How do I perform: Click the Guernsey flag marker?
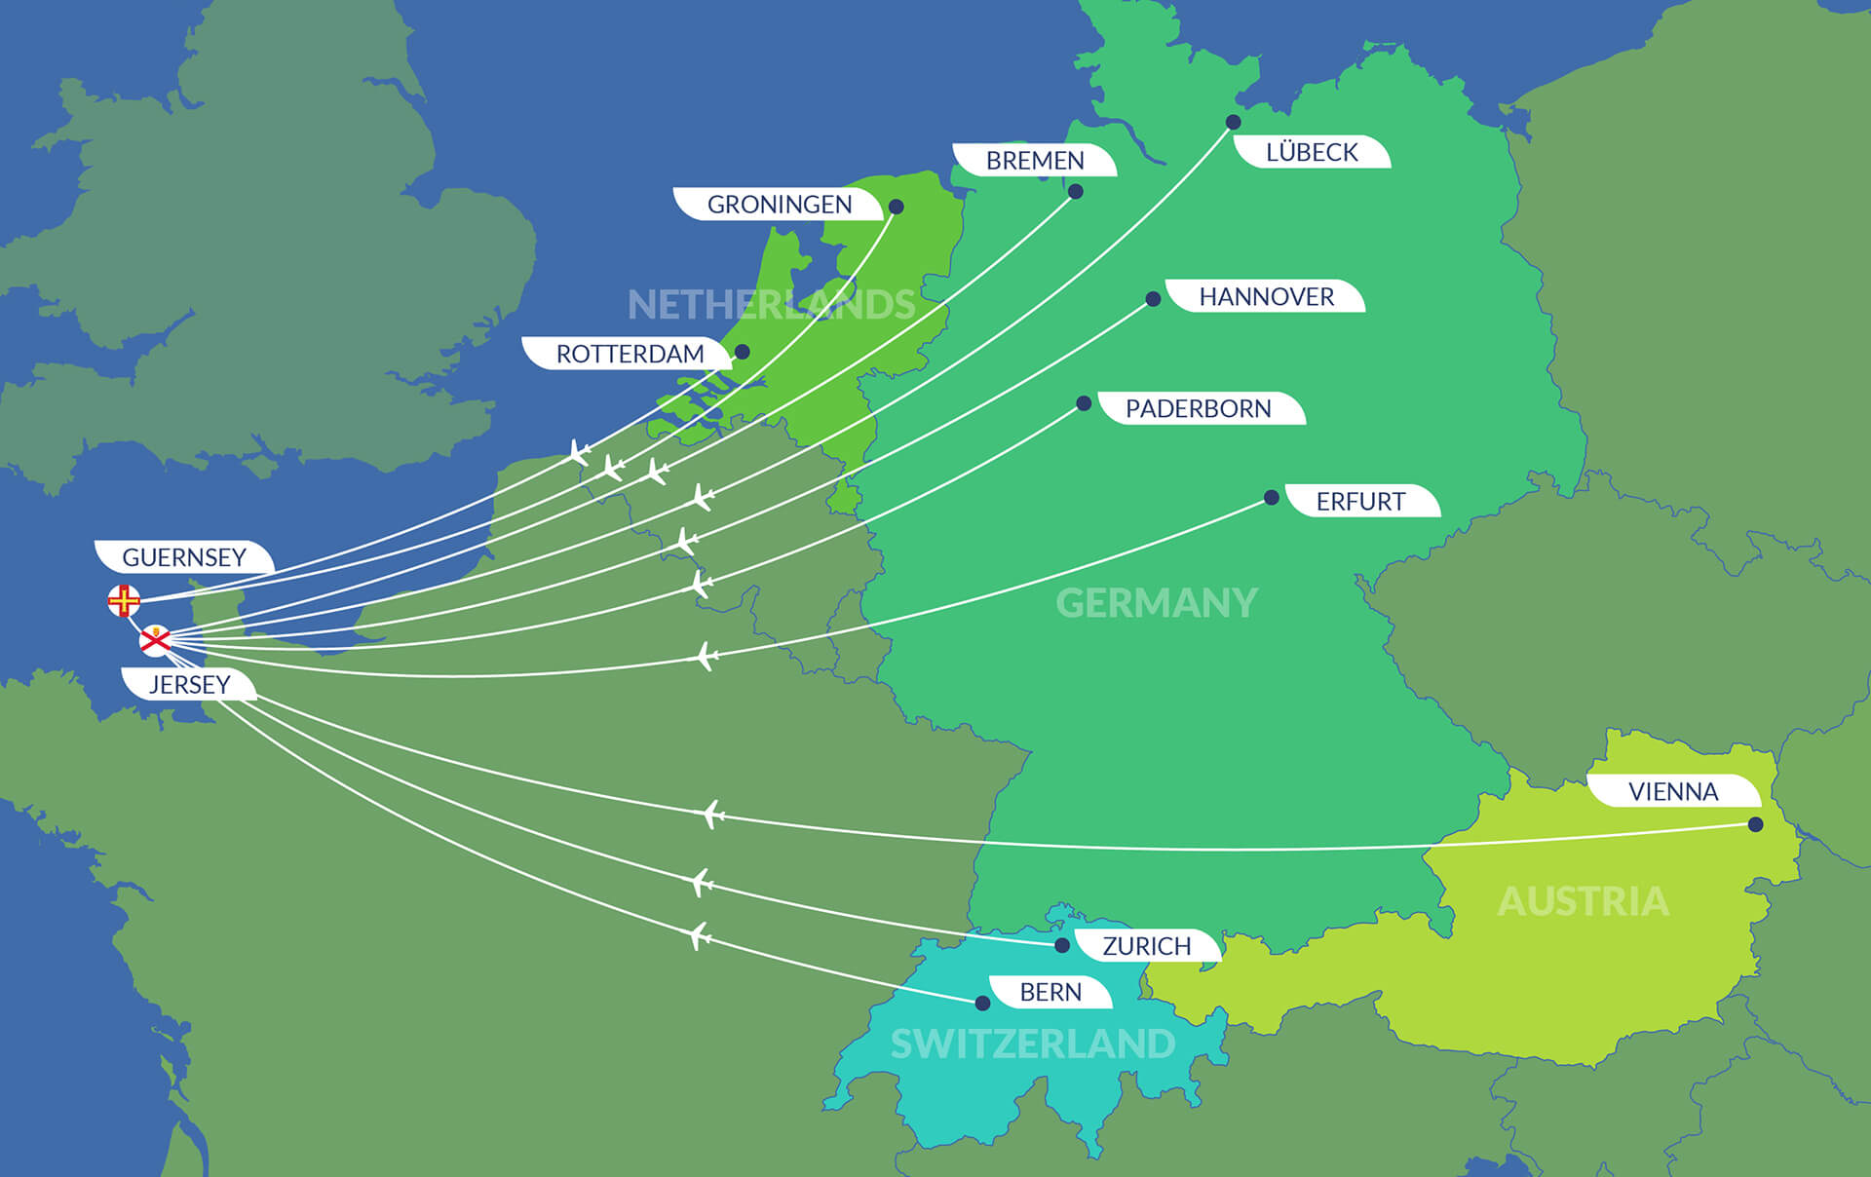click(x=124, y=600)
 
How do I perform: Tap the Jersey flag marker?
click(x=155, y=640)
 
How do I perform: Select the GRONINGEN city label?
click(x=779, y=205)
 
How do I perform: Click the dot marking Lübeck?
click(x=1233, y=122)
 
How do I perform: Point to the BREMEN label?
click(x=1035, y=161)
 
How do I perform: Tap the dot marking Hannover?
click(x=1153, y=299)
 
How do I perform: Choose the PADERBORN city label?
click(x=1198, y=408)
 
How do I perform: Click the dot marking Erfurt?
click(x=1271, y=498)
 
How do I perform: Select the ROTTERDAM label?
click(x=630, y=354)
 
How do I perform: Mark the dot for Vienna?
click(x=1755, y=824)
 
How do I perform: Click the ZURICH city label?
click(x=1146, y=946)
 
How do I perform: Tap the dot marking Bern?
click(x=982, y=1003)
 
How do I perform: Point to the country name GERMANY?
click(x=1157, y=603)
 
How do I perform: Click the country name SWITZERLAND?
click(x=1032, y=1044)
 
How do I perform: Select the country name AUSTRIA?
click(x=1583, y=901)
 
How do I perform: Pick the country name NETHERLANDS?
click(x=771, y=305)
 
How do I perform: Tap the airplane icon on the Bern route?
click(x=699, y=936)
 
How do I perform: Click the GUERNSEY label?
click(x=184, y=557)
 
